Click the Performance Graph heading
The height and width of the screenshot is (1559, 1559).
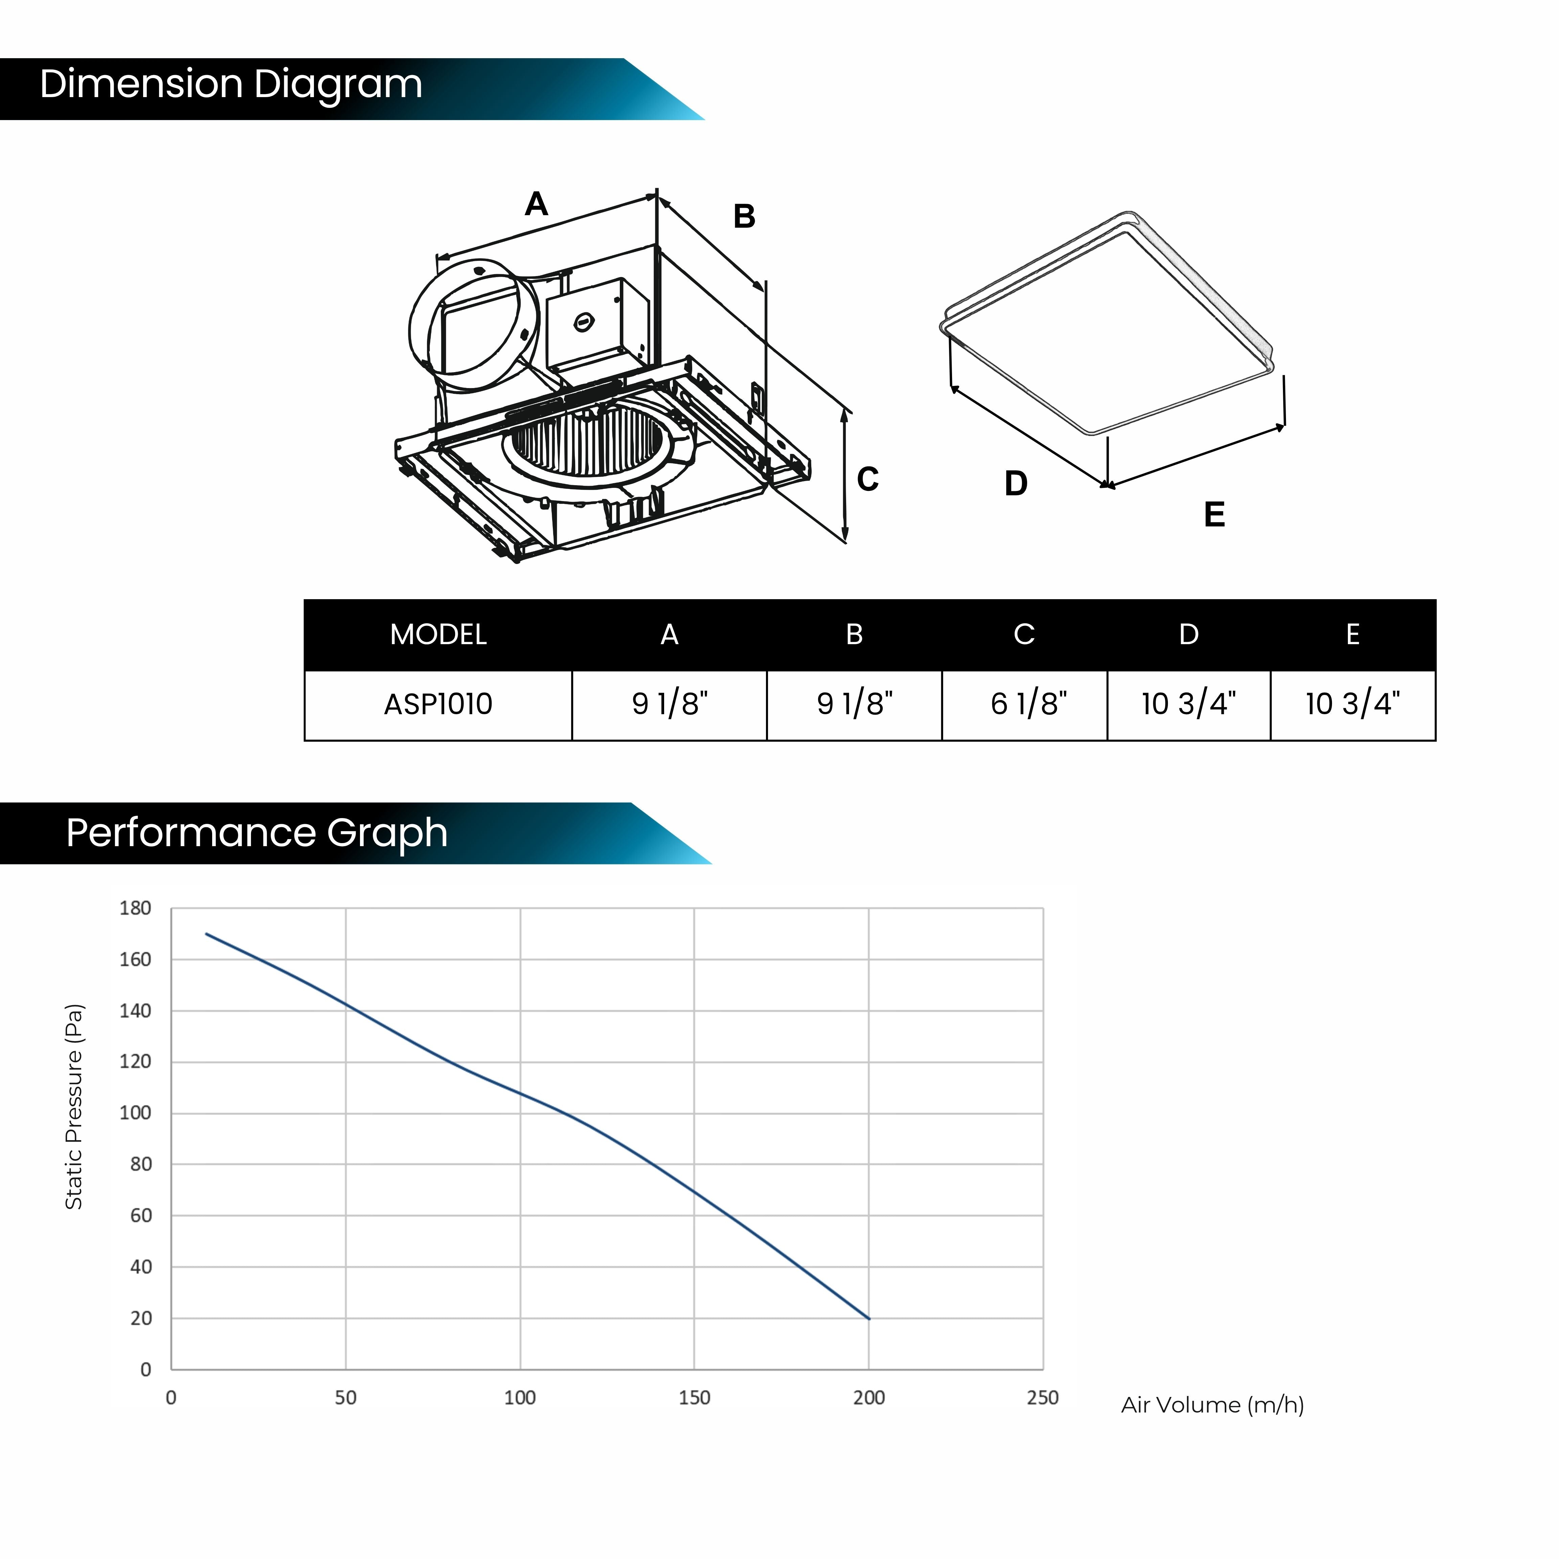click(x=256, y=833)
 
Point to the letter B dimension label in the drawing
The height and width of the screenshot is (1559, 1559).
click(x=744, y=216)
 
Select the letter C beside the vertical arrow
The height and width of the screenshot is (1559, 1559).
click(x=867, y=479)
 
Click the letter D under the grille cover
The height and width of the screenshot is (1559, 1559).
click(x=1016, y=483)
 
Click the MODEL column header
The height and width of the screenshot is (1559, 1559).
click(x=438, y=635)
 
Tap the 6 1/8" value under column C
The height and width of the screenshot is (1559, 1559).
click(x=1029, y=704)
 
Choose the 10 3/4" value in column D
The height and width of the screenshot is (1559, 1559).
click(x=1189, y=704)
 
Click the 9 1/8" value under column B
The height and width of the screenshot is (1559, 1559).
click(x=855, y=704)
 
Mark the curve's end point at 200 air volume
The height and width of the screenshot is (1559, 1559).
click(x=869, y=1318)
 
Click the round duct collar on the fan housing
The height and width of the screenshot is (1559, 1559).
click(x=474, y=326)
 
